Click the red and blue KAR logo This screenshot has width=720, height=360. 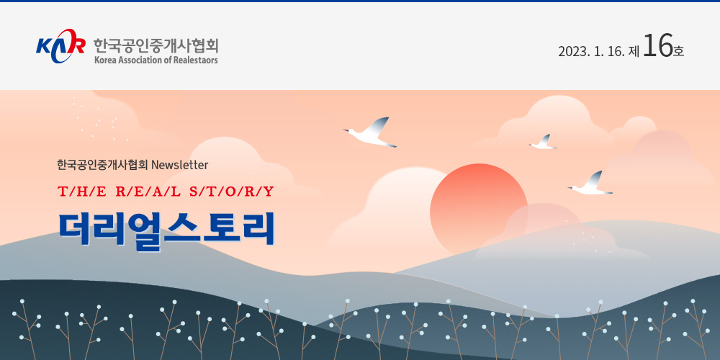click(x=60, y=46)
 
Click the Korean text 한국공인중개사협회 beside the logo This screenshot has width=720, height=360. click(x=156, y=45)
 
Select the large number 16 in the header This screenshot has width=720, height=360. click(x=657, y=47)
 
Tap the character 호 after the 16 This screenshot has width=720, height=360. click(x=679, y=51)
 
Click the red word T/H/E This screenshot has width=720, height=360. click(x=81, y=192)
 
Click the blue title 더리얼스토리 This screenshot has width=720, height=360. click(x=166, y=229)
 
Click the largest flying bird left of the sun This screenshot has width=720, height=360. click(x=370, y=134)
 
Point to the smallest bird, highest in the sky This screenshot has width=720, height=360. click(x=543, y=143)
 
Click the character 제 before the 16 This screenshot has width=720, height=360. click(x=634, y=51)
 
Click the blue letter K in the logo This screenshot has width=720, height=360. click(x=43, y=46)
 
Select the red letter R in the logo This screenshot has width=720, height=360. click(x=78, y=44)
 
